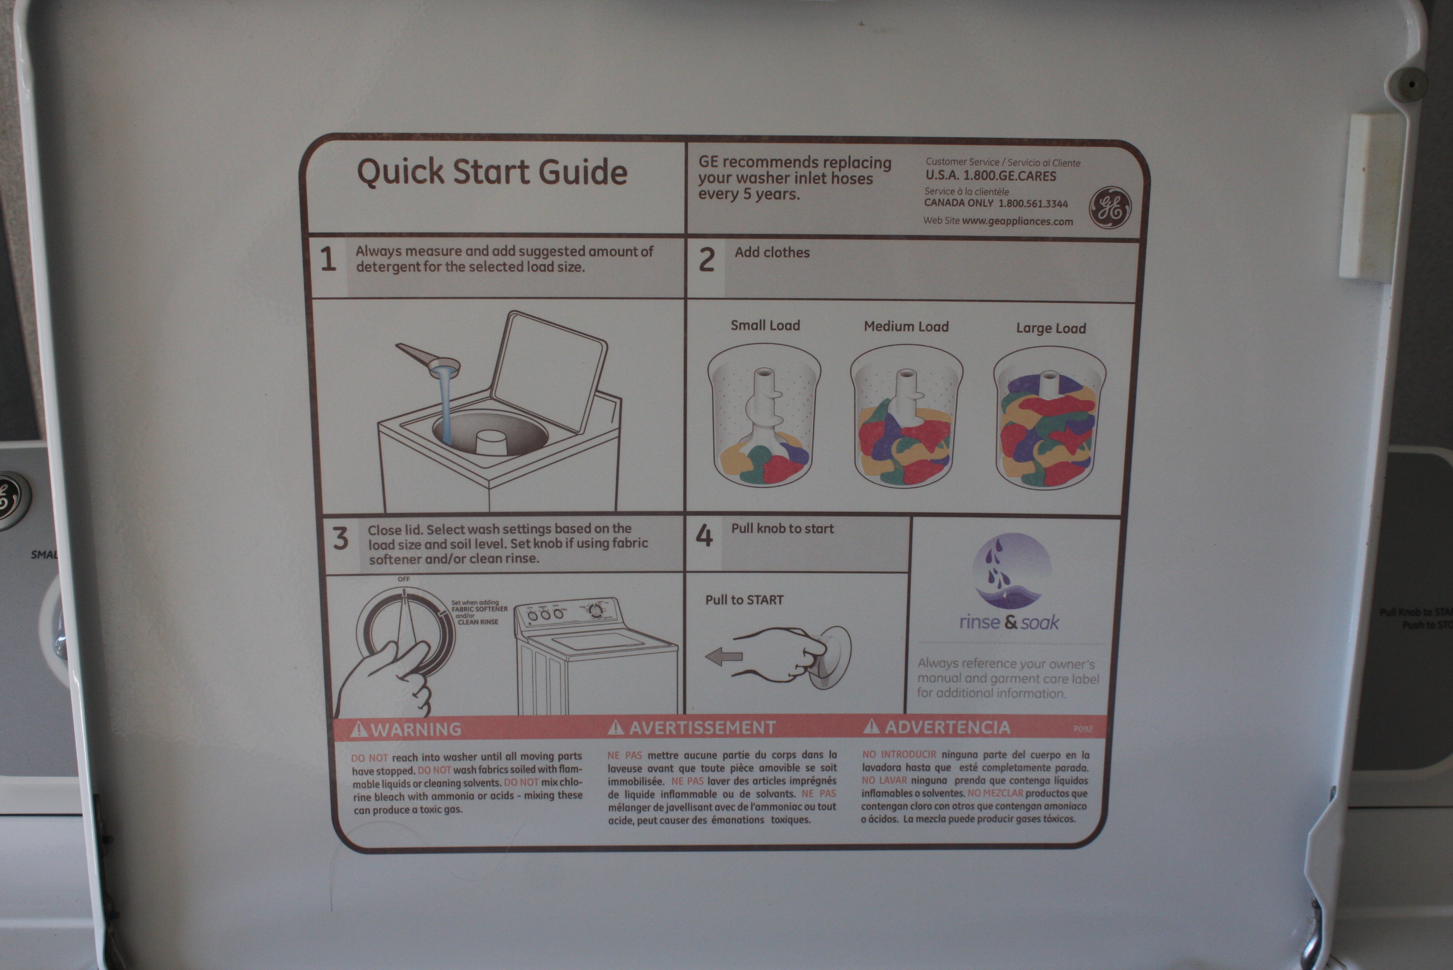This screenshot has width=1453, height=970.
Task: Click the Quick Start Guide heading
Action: click(492, 172)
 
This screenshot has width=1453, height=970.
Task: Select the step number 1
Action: click(329, 259)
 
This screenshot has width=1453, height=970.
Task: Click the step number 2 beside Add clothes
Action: click(706, 260)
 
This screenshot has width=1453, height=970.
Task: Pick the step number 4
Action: click(704, 536)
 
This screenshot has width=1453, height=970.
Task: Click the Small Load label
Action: click(765, 326)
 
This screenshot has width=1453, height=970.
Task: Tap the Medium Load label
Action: click(906, 327)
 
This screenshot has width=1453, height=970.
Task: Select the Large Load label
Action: click(1051, 329)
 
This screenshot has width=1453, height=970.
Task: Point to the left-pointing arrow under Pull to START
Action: click(724, 656)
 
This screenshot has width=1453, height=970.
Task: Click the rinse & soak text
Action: click(1009, 622)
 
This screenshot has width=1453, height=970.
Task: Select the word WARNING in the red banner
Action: click(416, 730)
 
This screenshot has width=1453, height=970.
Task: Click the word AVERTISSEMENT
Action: click(702, 727)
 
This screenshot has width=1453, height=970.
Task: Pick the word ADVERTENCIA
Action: click(947, 727)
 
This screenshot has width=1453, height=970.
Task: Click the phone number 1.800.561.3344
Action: click(1033, 203)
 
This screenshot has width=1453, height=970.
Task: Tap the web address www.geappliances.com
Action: click(1017, 221)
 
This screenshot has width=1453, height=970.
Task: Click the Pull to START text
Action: click(744, 600)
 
